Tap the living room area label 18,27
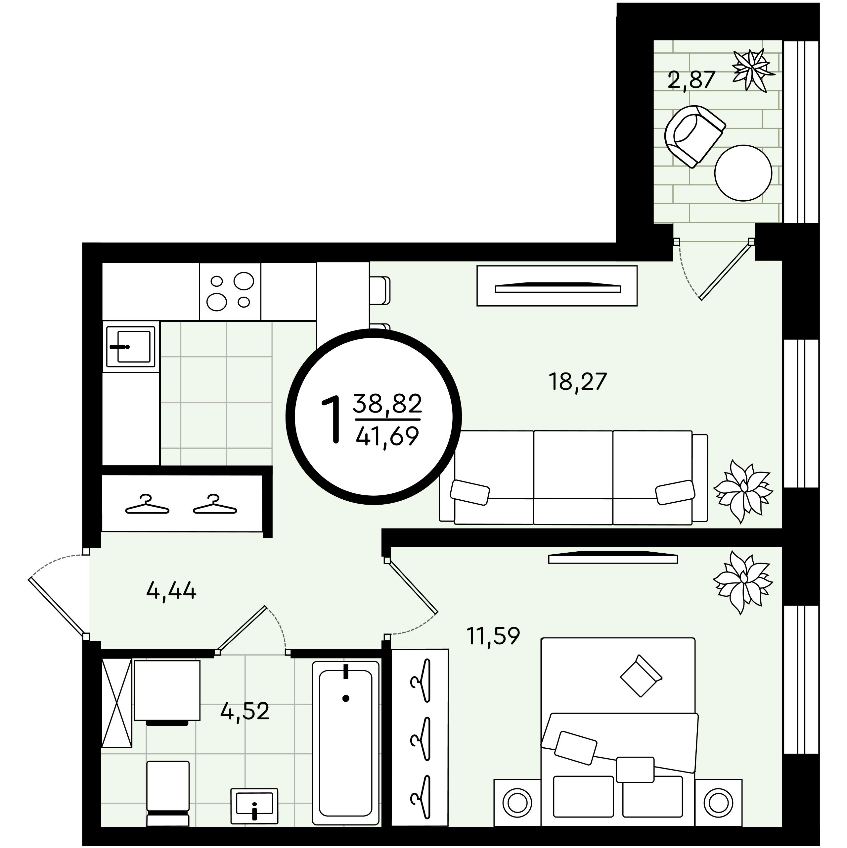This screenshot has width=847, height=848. [x=577, y=381]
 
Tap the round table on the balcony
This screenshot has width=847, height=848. [x=743, y=173]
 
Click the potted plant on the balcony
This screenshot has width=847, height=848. [x=753, y=70]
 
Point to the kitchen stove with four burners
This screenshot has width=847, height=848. [x=230, y=291]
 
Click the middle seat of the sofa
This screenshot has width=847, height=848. [x=573, y=477]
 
